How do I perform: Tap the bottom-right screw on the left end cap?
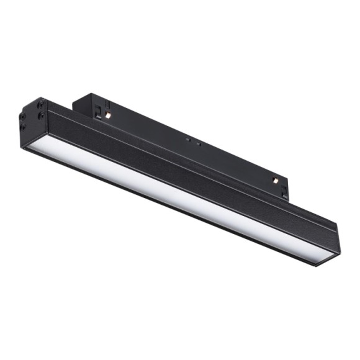click(x=40, y=116)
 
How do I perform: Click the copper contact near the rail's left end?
click(x=107, y=116)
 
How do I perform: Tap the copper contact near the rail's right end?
click(x=274, y=181)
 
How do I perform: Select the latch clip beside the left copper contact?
click(x=98, y=110)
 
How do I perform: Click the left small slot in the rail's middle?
click(x=188, y=140)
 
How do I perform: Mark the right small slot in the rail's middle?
click(x=197, y=144)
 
